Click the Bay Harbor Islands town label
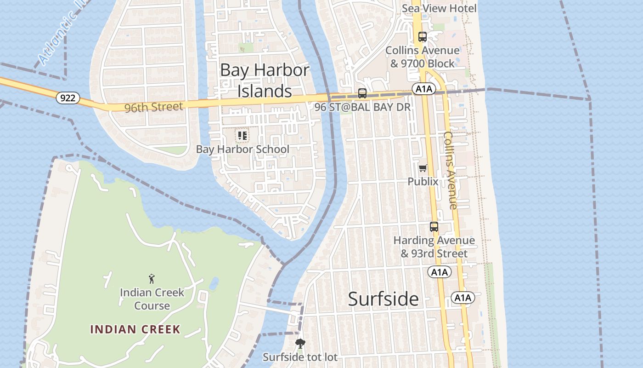(265, 80)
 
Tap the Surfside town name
(383, 299)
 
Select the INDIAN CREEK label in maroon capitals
(135, 329)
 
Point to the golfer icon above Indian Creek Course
(152, 278)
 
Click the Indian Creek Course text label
(152, 299)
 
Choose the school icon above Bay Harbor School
(243, 136)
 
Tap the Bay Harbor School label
(243, 149)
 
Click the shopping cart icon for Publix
(423, 168)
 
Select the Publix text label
(423, 182)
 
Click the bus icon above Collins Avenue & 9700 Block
(422, 37)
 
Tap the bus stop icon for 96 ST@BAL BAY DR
(362, 93)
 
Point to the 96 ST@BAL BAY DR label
(362, 107)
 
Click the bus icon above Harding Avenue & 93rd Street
(434, 226)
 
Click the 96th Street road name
(153, 107)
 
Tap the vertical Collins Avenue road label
(450, 170)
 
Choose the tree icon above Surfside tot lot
(300, 343)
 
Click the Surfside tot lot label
(300, 357)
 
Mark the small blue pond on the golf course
(214, 283)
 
